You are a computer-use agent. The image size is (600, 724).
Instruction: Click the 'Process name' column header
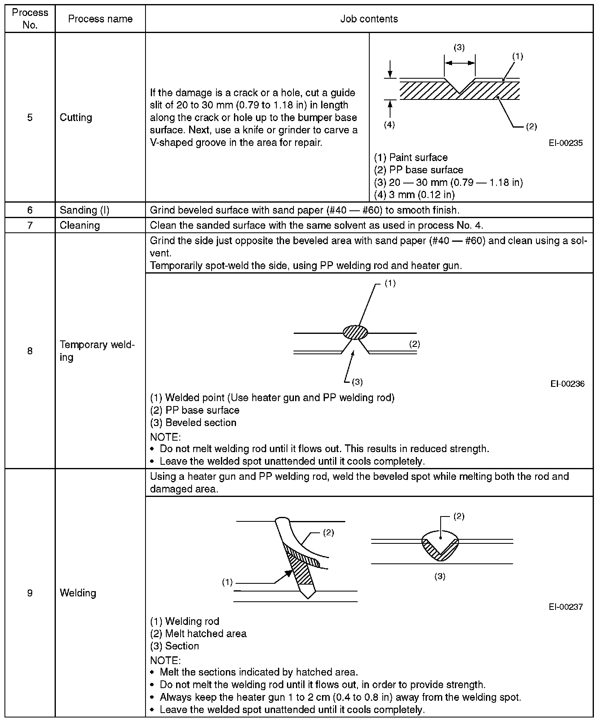pyautogui.click(x=100, y=19)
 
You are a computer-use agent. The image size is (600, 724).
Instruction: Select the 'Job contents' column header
pyautogui.click(x=369, y=19)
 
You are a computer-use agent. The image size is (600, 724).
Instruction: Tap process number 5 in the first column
pyautogui.click(x=30, y=118)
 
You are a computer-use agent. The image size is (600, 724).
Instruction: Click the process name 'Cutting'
pyautogui.click(x=76, y=118)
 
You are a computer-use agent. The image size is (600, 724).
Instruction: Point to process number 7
pyautogui.click(x=30, y=225)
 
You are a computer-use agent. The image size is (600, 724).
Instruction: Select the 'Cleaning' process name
pyautogui.click(x=79, y=225)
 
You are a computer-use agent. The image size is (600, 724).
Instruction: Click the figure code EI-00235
pyautogui.click(x=565, y=143)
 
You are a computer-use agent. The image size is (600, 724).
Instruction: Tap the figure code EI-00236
pyautogui.click(x=567, y=384)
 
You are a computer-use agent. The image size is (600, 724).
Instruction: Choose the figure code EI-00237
pyautogui.click(x=565, y=607)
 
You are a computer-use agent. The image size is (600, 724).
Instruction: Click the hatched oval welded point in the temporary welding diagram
pyautogui.click(x=355, y=332)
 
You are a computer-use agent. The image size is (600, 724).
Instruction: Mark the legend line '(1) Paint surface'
pyautogui.click(x=410, y=158)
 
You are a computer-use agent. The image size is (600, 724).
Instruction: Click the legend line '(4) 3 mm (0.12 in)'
pyautogui.click(x=414, y=194)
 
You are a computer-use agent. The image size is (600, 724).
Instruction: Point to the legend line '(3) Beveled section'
pyautogui.click(x=193, y=423)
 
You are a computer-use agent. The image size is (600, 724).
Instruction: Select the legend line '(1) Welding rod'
pyautogui.click(x=185, y=621)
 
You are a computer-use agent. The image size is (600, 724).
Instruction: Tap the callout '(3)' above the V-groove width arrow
pyautogui.click(x=459, y=48)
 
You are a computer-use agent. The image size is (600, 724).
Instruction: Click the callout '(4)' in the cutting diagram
pyautogui.click(x=389, y=125)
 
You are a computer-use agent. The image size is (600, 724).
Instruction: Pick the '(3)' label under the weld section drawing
pyautogui.click(x=440, y=576)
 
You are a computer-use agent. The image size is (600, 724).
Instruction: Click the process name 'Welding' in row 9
pyautogui.click(x=78, y=593)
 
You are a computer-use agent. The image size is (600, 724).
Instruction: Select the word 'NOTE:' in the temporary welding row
pyautogui.click(x=165, y=437)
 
